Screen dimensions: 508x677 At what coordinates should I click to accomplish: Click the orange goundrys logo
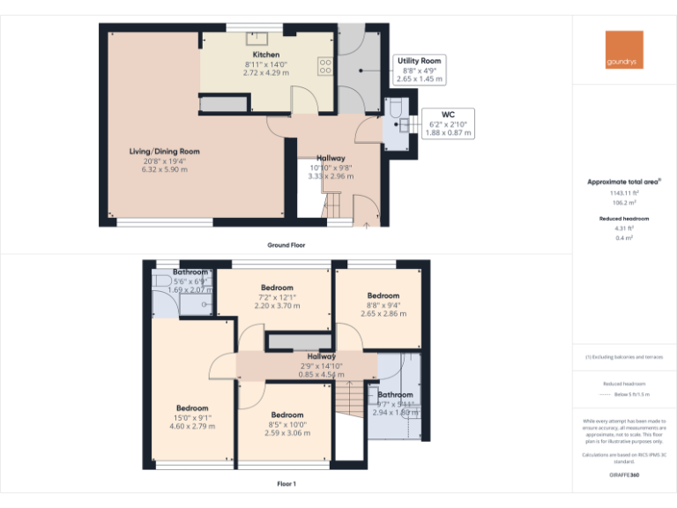tap(624, 49)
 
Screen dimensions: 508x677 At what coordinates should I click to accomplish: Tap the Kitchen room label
tap(265, 55)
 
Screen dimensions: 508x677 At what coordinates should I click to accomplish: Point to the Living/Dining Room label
tap(166, 152)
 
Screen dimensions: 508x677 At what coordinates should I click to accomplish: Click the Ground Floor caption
tap(286, 244)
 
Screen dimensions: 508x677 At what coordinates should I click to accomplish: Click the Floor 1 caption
tap(286, 483)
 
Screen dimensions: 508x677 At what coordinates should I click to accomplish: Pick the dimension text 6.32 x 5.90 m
tap(166, 168)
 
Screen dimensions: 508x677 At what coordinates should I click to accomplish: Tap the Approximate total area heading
tap(624, 183)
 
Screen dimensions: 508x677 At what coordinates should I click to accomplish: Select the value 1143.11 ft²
tap(624, 193)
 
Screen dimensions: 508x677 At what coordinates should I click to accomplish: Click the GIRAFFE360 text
tap(624, 475)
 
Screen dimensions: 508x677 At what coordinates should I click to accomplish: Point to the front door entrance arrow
tap(367, 226)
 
